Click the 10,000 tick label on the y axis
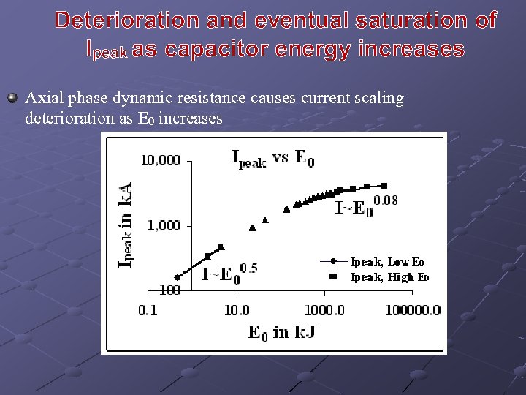(x=161, y=160)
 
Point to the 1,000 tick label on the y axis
(x=164, y=226)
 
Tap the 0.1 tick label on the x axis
(x=148, y=310)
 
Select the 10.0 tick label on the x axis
(x=236, y=310)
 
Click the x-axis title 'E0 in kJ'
(x=282, y=333)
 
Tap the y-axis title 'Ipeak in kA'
(x=126, y=224)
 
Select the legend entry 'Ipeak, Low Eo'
(x=387, y=261)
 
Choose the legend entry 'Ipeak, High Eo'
(x=389, y=277)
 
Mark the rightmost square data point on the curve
(x=385, y=186)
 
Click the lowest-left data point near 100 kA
(x=177, y=277)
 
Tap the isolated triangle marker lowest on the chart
(x=253, y=228)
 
